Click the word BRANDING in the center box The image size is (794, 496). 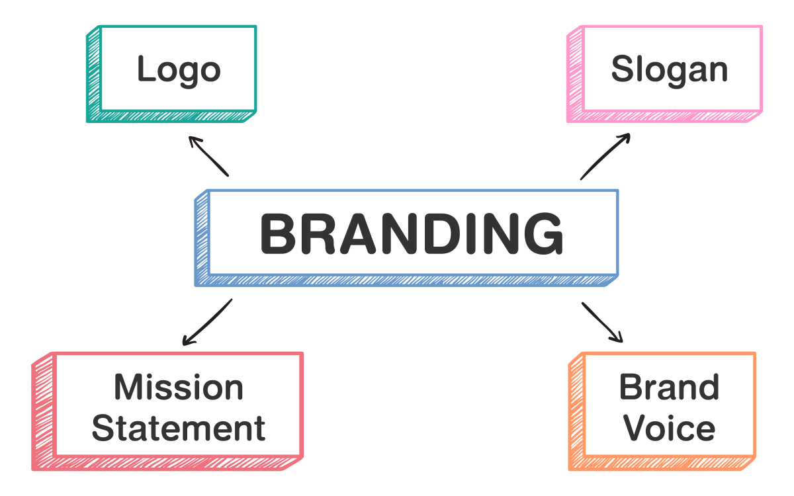[412, 234]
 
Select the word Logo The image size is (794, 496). [179, 70]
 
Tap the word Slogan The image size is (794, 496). [669, 69]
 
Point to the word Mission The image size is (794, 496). [179, 388]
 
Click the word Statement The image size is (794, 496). [179, 428]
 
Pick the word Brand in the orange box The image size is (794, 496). [669, 388]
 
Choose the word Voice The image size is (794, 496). [670, 428]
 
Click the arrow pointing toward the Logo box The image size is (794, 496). [208, 156]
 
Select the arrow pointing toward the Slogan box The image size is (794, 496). [605, 157]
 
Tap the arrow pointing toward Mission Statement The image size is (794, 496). [207, 322]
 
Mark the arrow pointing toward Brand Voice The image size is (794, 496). [602, 323]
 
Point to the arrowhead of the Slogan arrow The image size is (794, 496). [626, 137]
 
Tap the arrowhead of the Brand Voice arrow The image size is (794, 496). [619, 339]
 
